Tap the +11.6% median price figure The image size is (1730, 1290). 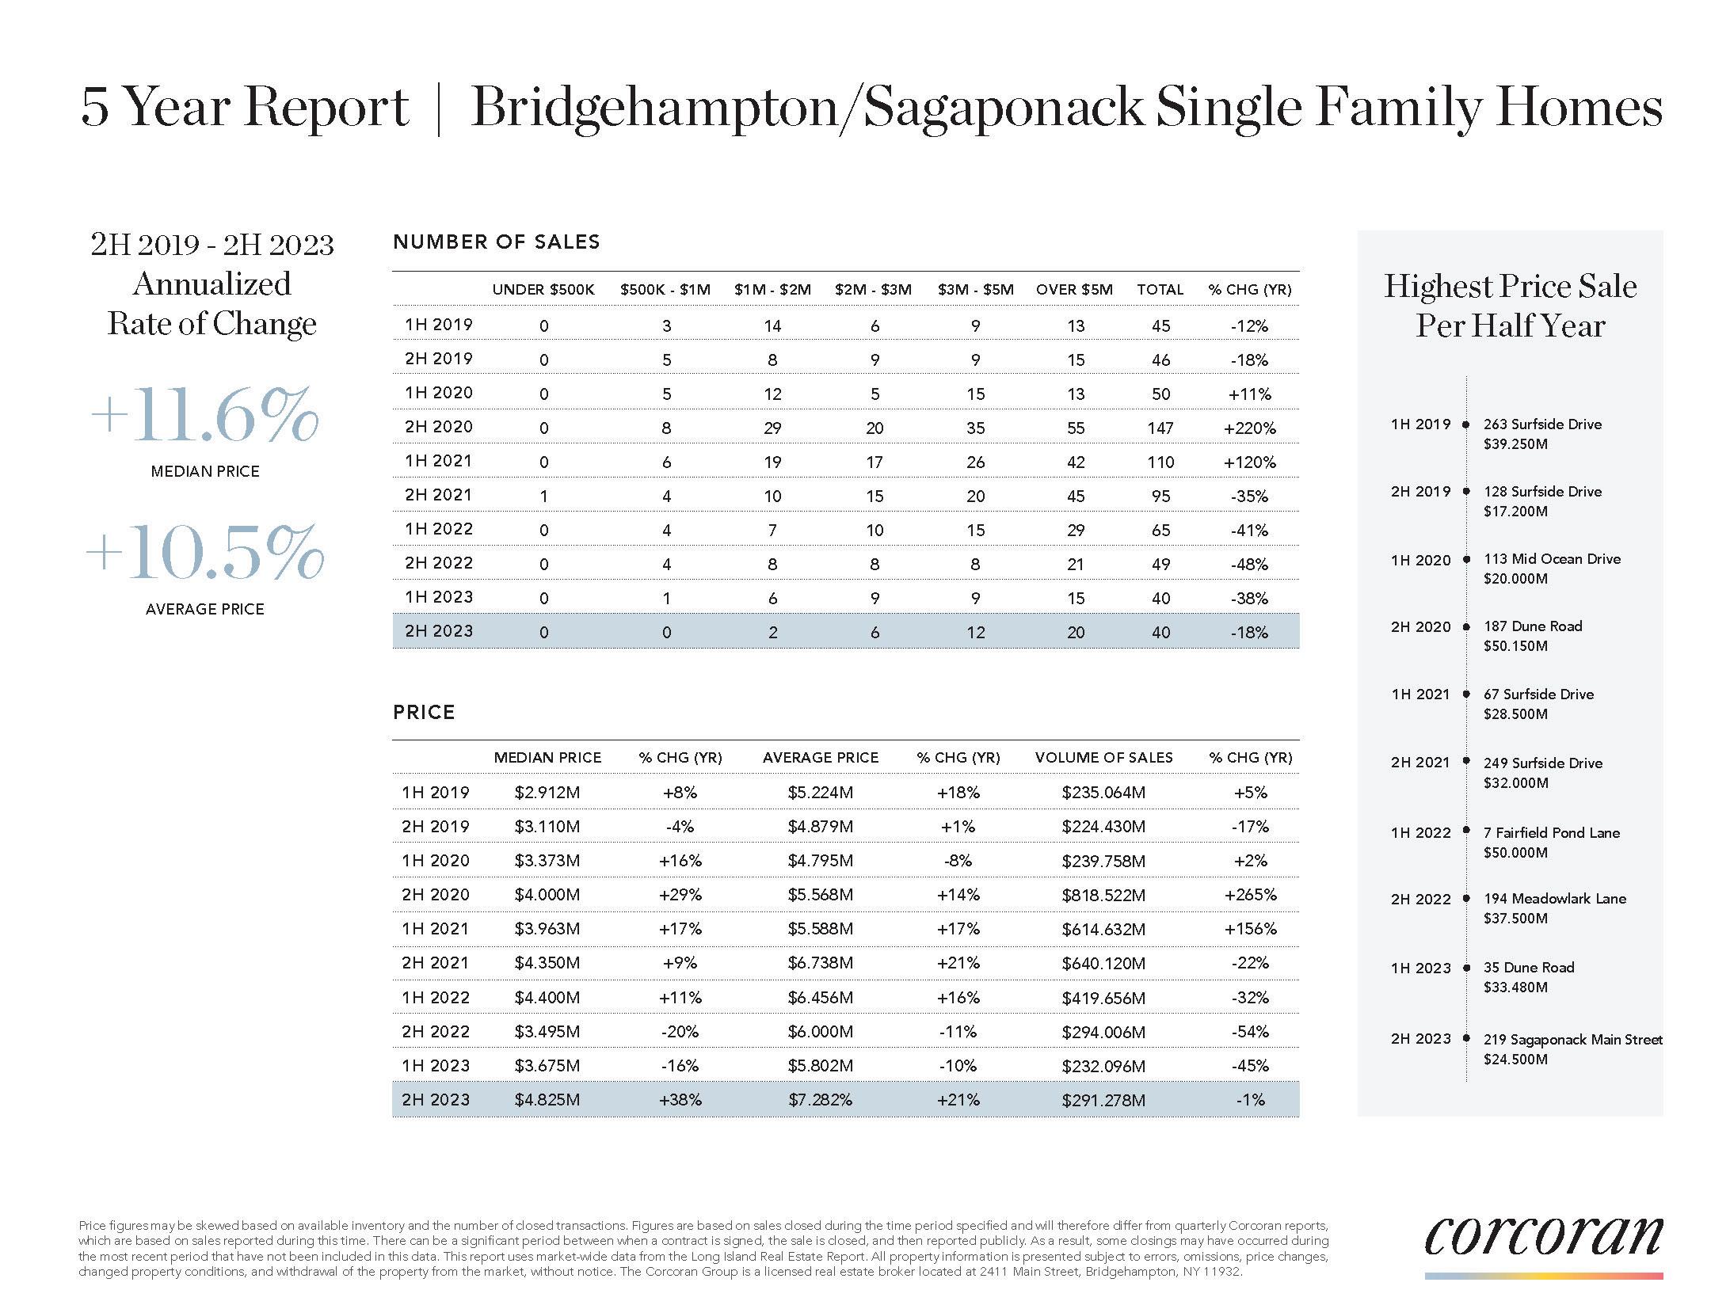pyautogui.click(x=204, y=415)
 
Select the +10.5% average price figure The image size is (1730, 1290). pyautogui.click(x=204, y=552)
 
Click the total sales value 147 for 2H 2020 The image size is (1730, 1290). pyautogui.click(x=1160, y=428)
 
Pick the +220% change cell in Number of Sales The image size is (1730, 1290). pyautogui.click(x=1249, y=428)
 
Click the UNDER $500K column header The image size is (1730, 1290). pyautogui.click(x=543, y=290)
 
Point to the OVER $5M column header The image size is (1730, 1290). pyautogui.click(x=1074, y=290)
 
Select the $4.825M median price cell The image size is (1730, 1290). pyautogui.click(x=547, y=1100)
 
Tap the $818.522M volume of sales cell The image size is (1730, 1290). pyautogui.click(x=1103, y=895)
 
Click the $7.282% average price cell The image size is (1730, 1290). pyautogui.click(x=820, y=1100)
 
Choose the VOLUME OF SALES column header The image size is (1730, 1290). pyautogui.click(x=1103, y=758)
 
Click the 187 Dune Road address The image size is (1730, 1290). pyautogui.click(x=1532, y=626)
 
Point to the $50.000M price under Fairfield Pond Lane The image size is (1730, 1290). pyautogui.click(x=1515, y=853)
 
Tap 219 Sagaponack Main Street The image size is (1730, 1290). pyautogui.click(x=1572, y=1040)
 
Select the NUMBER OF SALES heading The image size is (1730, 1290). pyautogui.click(x=496, y=242)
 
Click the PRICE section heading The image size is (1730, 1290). pyautogui.click(x=424, y=713)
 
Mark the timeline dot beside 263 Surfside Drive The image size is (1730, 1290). pyautogui.click(x=1466, y=425)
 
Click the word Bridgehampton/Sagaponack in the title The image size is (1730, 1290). pyautogui.click(x=806, y=107)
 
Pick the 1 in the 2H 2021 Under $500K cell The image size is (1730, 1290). pyautogui.click(x=543, y=497)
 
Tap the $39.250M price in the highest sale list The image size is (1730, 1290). pyautogui.click(x=1515, y=444)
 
